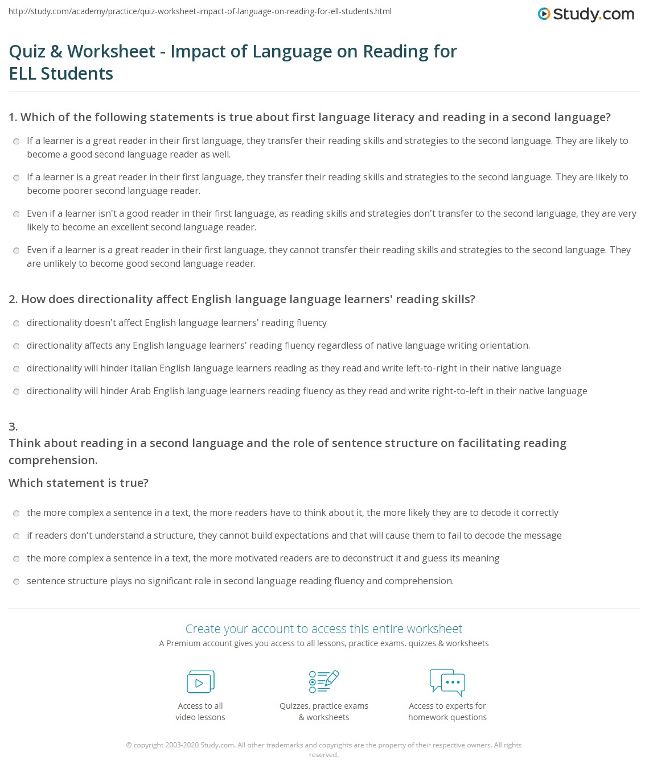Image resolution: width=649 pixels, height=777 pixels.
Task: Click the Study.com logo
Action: pos(586,14)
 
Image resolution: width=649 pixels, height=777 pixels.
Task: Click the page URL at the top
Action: pos(200,11)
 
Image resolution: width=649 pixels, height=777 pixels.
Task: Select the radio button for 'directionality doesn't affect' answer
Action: pos(17,323)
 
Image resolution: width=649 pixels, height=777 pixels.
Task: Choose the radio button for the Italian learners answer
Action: pos(17,369)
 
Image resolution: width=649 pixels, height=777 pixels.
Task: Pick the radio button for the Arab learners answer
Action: pos(17,391)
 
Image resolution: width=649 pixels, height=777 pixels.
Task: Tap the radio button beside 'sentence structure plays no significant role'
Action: pos(17,581)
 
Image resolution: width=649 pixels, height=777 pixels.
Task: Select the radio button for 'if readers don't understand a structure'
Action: pos(17,536)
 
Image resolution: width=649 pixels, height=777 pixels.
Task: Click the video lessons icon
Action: pos(200,681)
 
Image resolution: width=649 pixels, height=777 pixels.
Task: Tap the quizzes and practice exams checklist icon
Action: pos(324,681)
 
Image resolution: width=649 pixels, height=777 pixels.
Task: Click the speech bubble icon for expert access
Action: pos(447,682)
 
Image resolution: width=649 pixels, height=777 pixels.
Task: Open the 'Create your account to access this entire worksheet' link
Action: pos(324,629)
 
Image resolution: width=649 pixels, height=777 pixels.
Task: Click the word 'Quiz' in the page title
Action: pos(27,51)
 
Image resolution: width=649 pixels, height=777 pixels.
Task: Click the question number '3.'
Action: pos(13,427)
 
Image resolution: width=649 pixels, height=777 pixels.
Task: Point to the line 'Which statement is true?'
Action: pos(79,483)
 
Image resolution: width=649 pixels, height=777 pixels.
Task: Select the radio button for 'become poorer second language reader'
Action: pos(17,177)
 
